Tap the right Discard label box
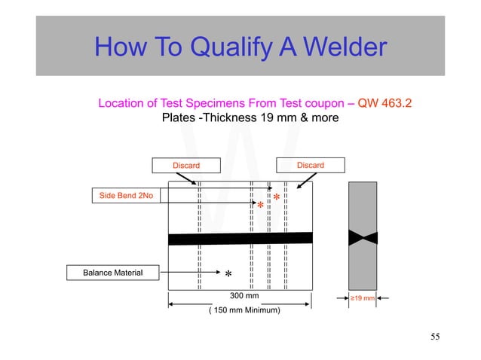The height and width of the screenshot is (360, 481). pos(310,165)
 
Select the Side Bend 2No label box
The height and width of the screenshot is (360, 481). pos(126,196)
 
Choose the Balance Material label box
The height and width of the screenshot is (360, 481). pos(112,272)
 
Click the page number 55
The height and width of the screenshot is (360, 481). pos(435,336)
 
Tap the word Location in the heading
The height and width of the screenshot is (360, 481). pos(121,103)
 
